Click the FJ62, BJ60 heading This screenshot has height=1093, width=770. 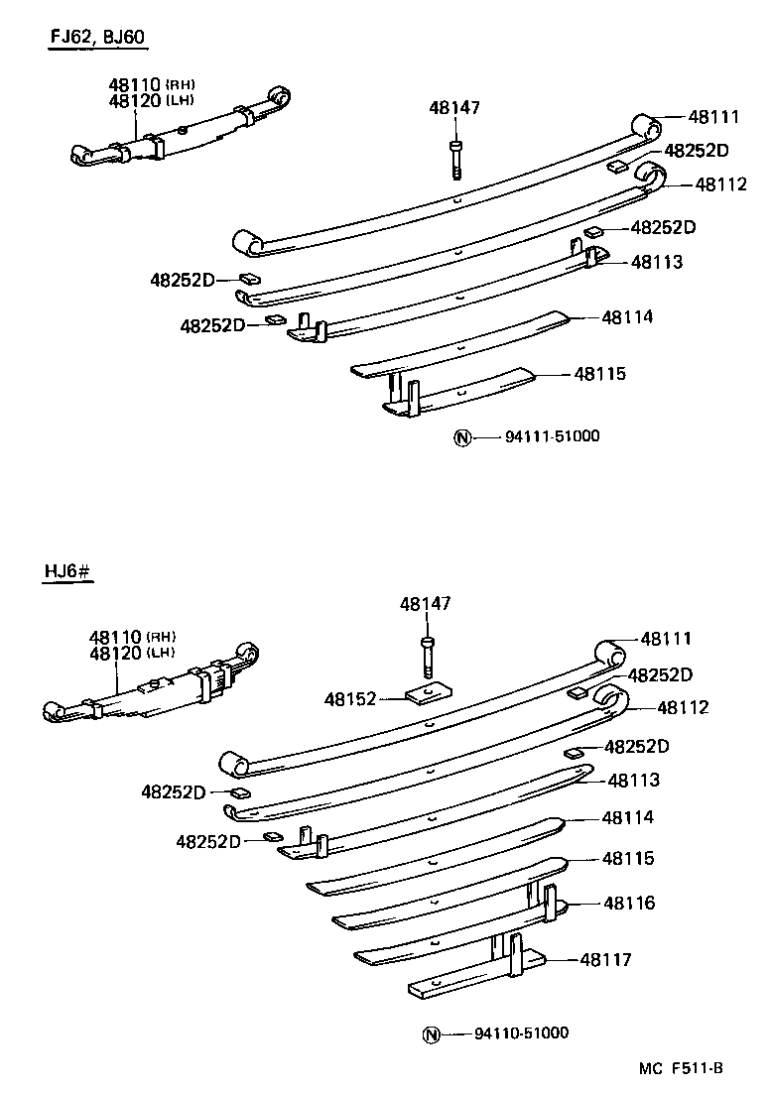coord(98,39)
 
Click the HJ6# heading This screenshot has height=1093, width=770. coord(67,571)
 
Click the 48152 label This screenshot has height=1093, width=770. coord(350,699)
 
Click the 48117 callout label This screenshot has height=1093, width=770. coord(605,959)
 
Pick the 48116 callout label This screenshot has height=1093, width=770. coord(629,903)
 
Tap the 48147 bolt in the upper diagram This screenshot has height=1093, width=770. coord(454,158)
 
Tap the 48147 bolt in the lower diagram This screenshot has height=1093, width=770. coord(426,656)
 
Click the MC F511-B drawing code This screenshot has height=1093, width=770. coord(681,1068)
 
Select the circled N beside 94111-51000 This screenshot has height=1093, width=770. coord(461,437)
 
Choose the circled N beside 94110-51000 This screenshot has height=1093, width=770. coord(430,1034)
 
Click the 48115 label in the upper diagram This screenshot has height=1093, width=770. coord(599,374)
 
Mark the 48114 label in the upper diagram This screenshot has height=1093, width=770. coord(627,317)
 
